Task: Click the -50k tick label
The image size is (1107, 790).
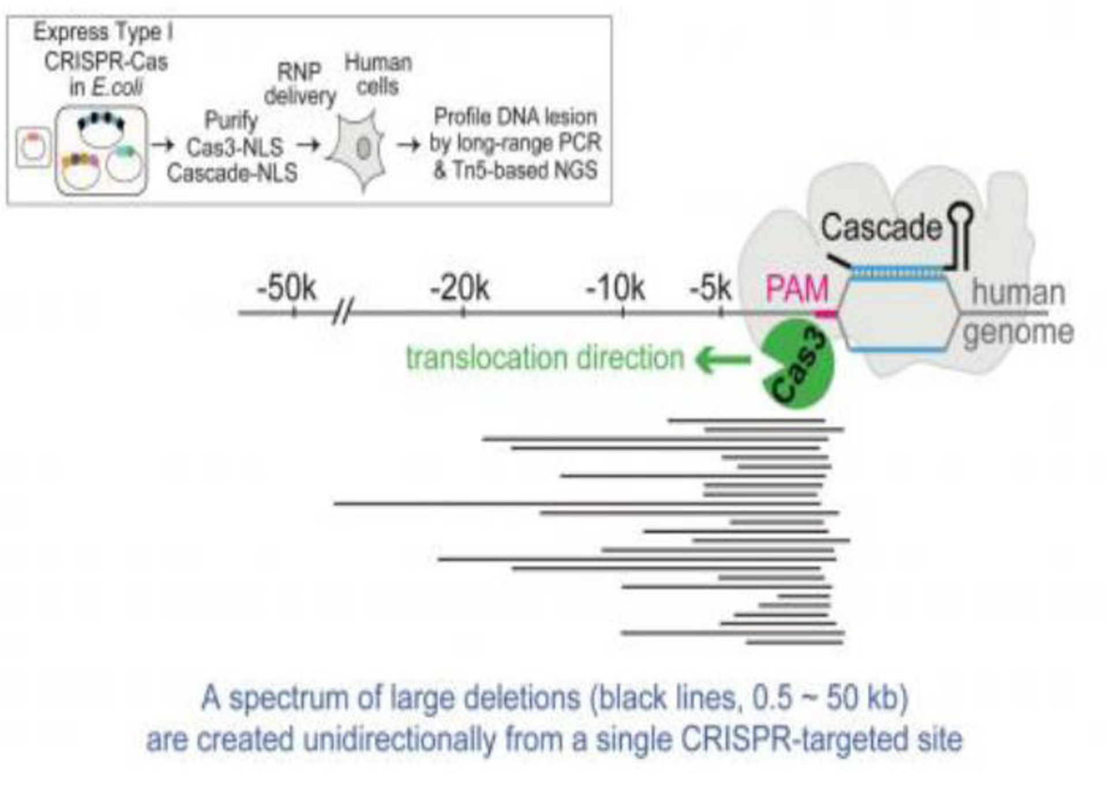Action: tap(287, 288)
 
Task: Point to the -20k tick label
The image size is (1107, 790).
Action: tap(460, 288)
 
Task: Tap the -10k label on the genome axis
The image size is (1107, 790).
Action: tap(615, 288)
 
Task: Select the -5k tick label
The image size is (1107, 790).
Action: tap(710, 288)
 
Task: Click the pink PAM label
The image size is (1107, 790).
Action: tap(797, 289)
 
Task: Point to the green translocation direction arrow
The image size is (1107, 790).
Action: tap(723, 360)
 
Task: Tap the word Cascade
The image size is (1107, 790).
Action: tap(881, 228)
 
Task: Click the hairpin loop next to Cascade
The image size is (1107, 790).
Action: tap(961, 216)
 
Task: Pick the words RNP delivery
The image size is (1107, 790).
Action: tap(300, 84)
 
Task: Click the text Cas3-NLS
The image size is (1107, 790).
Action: tap(235, 148)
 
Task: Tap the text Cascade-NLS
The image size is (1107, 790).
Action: tap(232, 173)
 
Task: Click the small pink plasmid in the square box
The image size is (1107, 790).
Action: tap(33, 148)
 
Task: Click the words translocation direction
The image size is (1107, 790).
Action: tap(544, 358)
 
